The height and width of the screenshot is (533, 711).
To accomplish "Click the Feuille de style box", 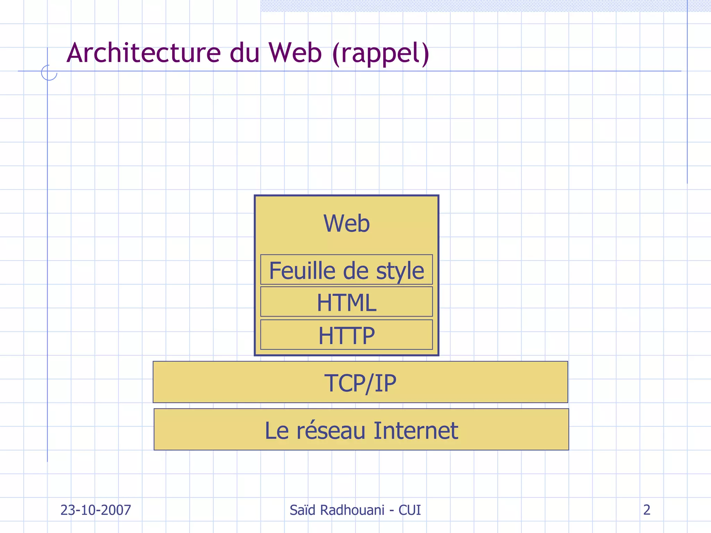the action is (x=346, y=270).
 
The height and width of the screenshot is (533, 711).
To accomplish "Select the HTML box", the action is (x=346, y=302).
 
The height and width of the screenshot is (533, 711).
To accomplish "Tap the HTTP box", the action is (x=346, y=335).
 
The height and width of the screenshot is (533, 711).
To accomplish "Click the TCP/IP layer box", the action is (x=360, y=382).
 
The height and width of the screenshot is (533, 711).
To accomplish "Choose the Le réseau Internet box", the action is (x=361, y=430).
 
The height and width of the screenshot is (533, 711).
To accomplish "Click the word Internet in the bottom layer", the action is (x=416, y=430).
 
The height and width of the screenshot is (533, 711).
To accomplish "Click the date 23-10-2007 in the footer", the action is (x=96, y=510).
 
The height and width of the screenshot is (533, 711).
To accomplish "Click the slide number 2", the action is (x=646, y=509).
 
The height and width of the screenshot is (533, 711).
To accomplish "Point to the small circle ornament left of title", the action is (x=49, y=73).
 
